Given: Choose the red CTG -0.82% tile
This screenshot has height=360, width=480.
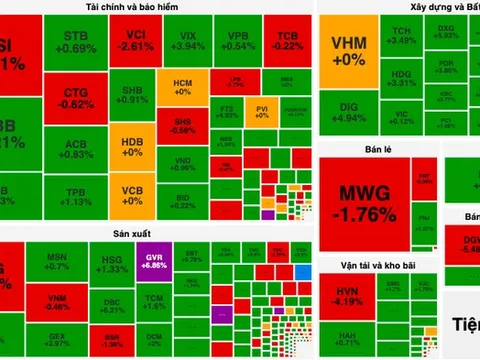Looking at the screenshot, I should pos(77,97).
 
